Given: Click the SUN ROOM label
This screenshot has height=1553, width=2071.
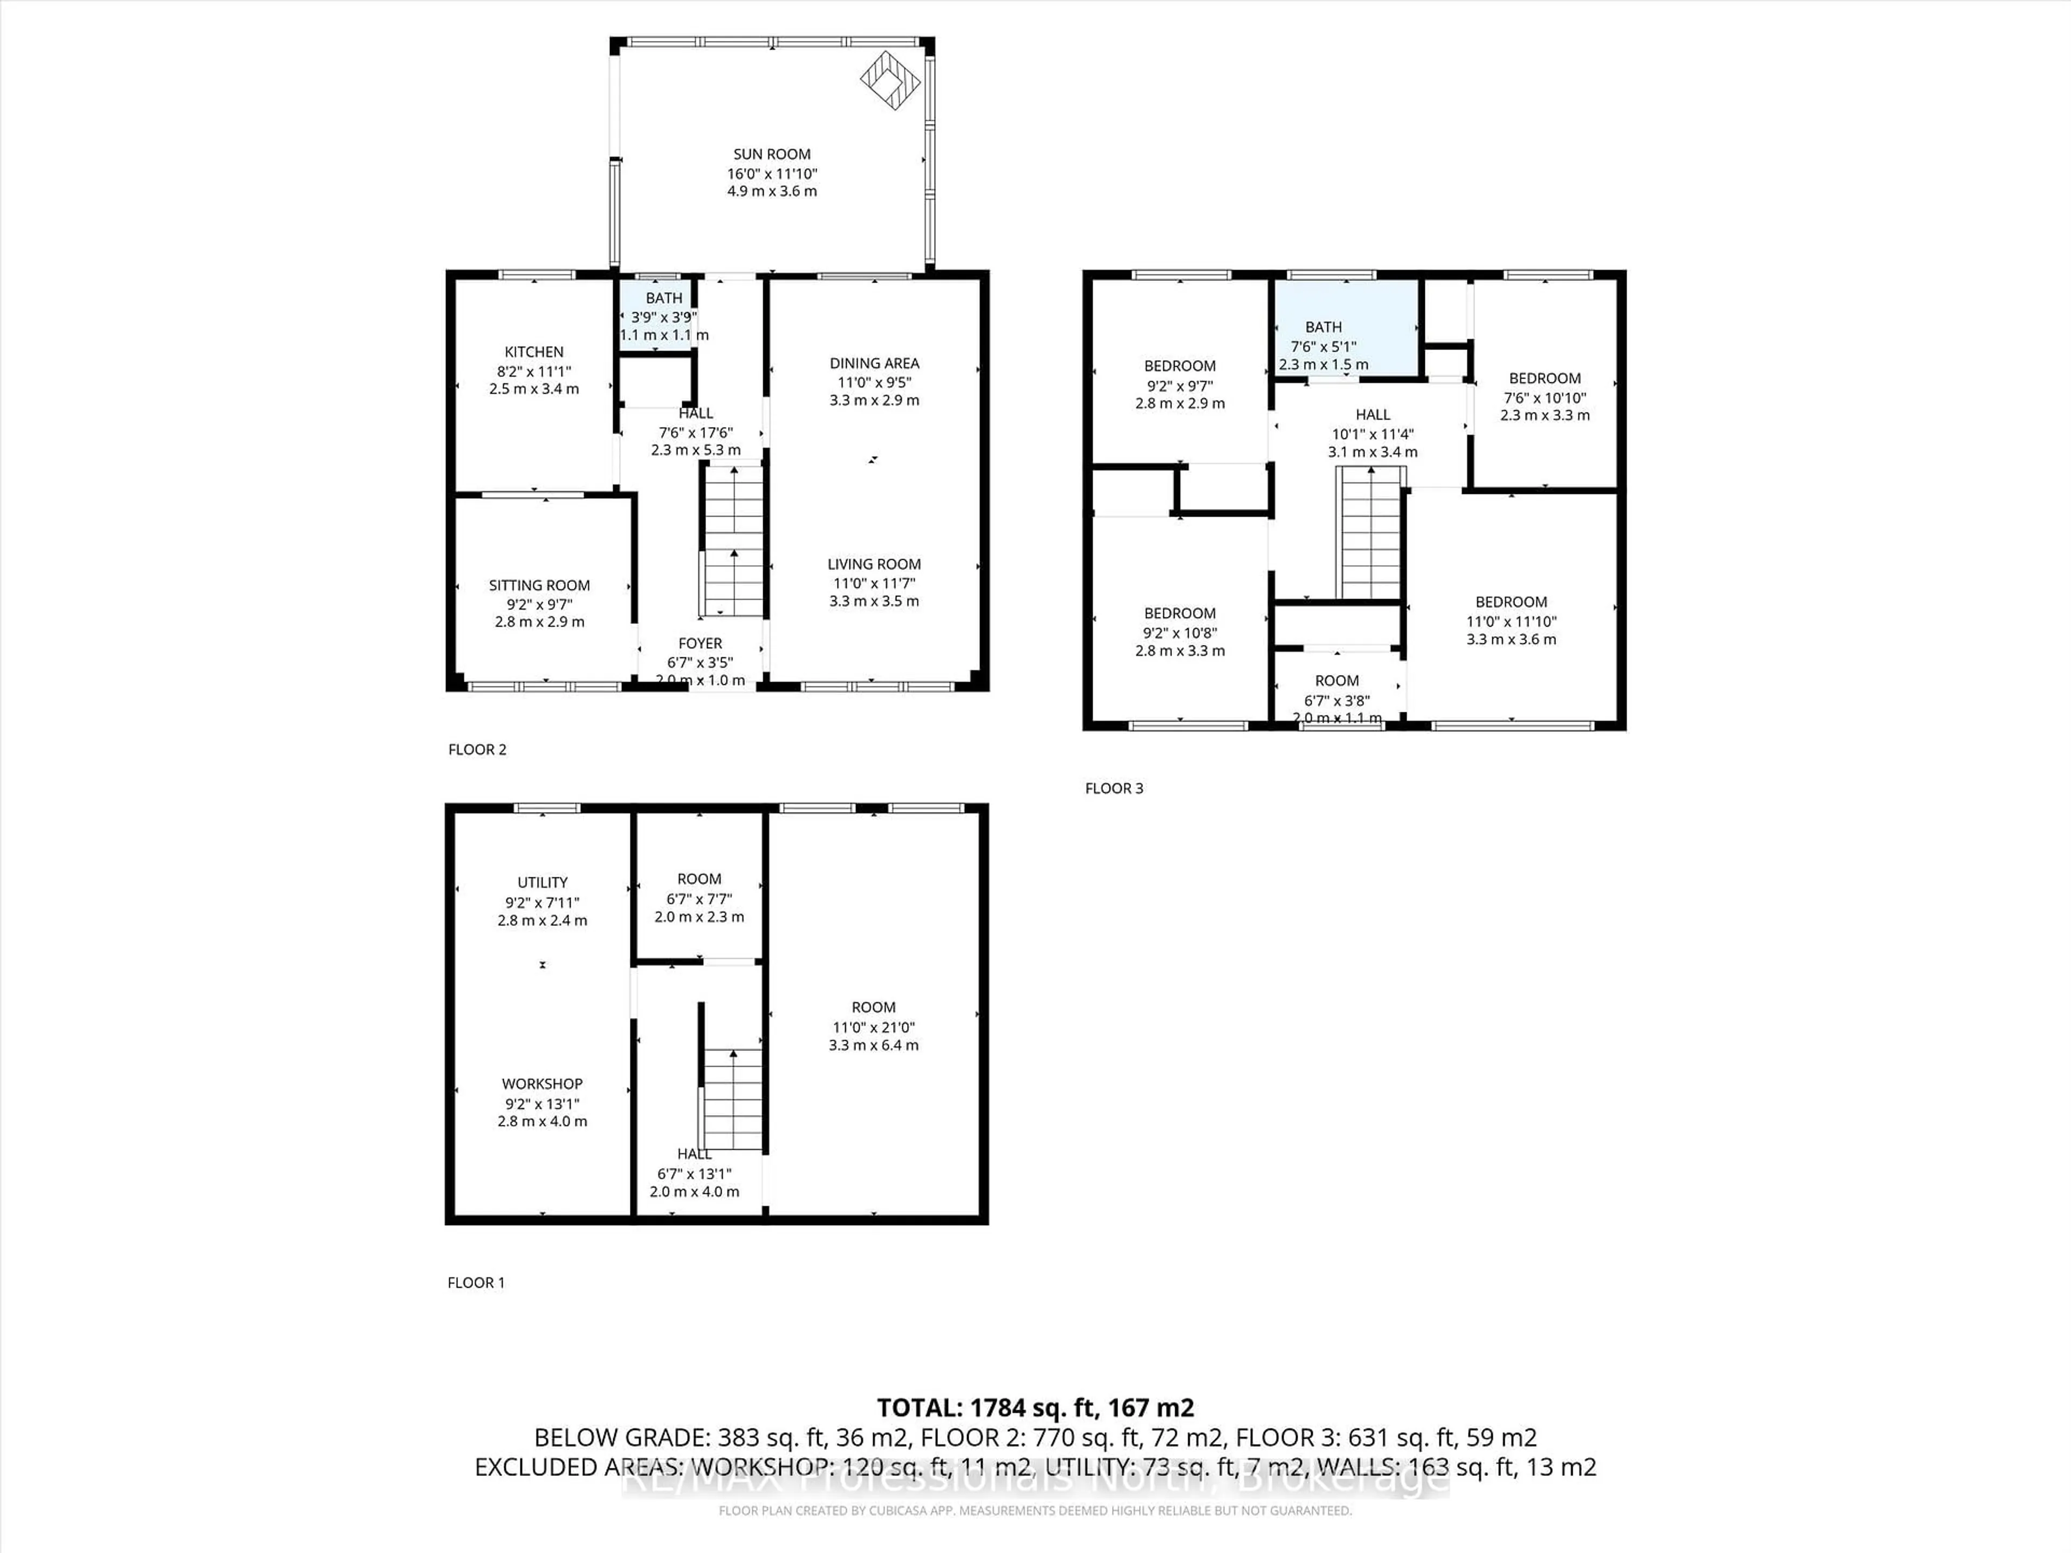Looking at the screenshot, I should coord(771,154).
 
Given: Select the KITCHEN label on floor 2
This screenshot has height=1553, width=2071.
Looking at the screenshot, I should coord(534,352).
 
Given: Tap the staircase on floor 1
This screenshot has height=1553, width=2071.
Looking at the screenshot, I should coord(732,1100).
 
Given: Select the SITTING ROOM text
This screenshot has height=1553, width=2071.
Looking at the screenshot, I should coord(539,585).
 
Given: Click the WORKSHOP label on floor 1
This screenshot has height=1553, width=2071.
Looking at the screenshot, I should coord(542,1083).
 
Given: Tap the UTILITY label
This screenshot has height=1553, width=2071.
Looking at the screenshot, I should coord(542,882).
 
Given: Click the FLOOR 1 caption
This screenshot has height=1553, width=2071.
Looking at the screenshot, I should coord(476,1282).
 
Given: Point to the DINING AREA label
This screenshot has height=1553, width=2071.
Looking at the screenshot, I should coord(874,363).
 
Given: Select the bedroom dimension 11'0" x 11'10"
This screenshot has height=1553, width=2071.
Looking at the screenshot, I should coord(1511,621).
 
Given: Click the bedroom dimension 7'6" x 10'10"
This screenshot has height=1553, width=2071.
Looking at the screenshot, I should coord(1545,397).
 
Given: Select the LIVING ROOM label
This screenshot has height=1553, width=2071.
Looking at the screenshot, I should coord(874,564).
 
